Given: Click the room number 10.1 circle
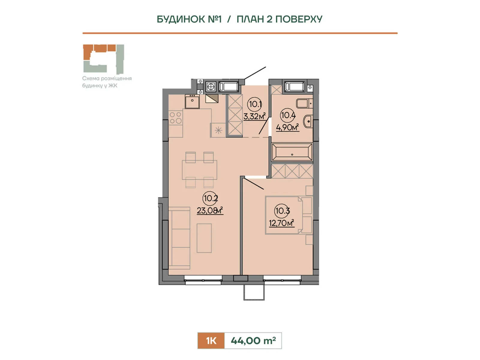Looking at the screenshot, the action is point(254,104).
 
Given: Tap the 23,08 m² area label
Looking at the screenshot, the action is point(210,211).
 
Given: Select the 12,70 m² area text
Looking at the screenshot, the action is point(281,223).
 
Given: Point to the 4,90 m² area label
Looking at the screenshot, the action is point(287,127).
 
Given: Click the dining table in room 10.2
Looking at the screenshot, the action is point(199,170).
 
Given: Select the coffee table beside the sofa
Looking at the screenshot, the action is point(204,238).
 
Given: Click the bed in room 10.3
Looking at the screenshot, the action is point(289,215).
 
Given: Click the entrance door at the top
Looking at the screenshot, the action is point(255,73).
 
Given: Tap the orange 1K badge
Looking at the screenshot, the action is point(211,340).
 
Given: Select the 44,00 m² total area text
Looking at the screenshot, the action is point(253,340).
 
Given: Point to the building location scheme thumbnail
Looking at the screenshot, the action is point(103,59).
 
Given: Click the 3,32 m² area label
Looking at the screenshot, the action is point(254,116).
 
